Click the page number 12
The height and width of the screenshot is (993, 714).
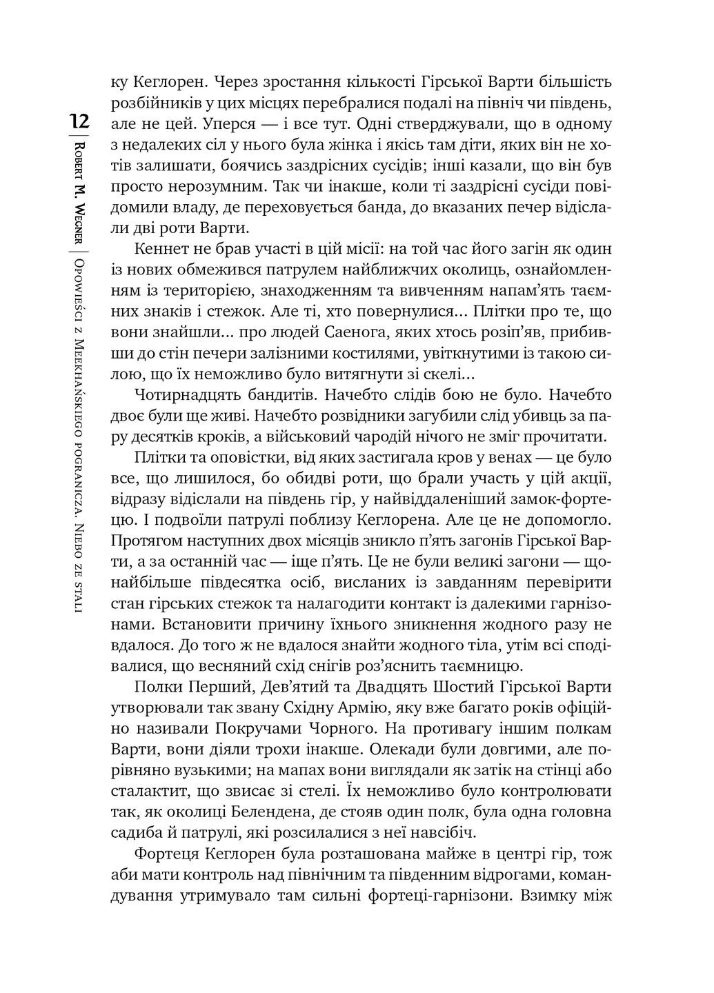pyautogui.click(x=79, y=122)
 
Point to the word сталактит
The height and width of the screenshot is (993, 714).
pyautogui.click(x=149, y=791)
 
